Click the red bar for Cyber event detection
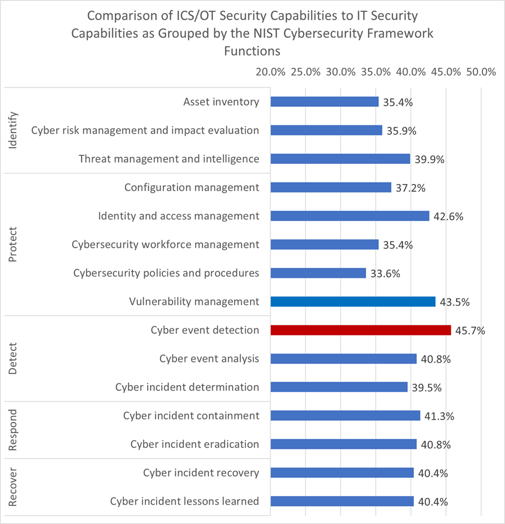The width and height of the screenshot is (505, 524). [361, 330]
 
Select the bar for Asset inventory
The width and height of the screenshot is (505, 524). [325, 102]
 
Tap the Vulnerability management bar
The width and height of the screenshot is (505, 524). [353, 302]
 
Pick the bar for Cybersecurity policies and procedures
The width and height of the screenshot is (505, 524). [318, 273]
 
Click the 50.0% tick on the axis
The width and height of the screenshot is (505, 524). [481, 72]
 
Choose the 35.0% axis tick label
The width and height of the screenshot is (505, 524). [375, 72]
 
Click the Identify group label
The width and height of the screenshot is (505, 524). [14, 130]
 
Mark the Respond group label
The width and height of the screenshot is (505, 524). [14, 430]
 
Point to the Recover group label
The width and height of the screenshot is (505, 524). [14, 487]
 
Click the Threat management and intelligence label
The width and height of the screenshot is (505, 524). [169, 159]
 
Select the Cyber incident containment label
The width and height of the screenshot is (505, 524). [191, 416]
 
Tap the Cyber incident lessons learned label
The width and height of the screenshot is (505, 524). [184, 501]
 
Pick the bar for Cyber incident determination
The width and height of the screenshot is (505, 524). [339, 387]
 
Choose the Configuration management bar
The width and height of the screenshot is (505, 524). [331, 187]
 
